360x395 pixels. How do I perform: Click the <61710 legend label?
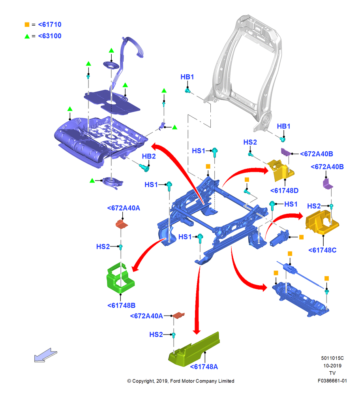point(50,24)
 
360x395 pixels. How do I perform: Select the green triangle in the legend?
point(27,36)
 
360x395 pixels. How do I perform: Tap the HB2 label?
point(149,156)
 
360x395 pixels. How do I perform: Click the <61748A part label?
point(204,367)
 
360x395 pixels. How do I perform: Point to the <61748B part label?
point(121,305)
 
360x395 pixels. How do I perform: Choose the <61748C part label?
point(322,250)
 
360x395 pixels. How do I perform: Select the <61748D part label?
point(284,191)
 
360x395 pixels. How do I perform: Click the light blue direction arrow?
point(45,355)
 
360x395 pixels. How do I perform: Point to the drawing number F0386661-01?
point(332,381)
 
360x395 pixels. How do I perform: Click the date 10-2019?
point(332,365)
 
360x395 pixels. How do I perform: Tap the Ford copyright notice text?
point(180,381)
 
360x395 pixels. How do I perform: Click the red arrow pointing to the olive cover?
point(197,300)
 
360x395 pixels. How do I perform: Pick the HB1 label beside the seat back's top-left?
point(187,77)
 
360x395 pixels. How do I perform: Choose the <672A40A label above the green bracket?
point(124,208)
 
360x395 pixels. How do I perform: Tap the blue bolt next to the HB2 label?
point(144,167)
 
